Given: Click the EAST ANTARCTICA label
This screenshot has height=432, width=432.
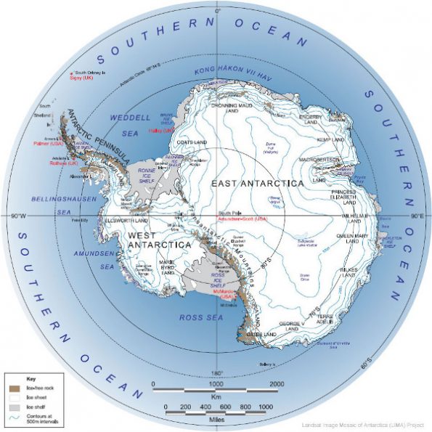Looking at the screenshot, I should [257, 183].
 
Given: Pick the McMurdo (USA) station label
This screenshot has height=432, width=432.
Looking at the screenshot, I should [227, 297].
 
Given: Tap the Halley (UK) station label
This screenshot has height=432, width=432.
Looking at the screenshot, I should [158, 131].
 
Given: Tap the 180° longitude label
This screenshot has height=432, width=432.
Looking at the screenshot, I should [216, 373].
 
